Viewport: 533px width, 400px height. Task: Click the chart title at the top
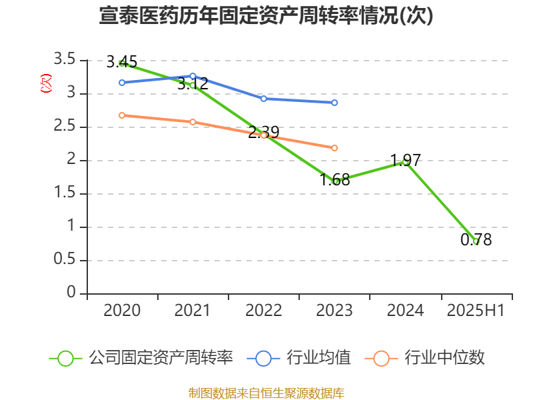click(x=266, y=16)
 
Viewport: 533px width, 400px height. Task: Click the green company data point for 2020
click(x=122, y=63)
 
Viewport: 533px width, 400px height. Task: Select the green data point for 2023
click(x=334, y=181)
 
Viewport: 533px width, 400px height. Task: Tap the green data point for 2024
click(x=405, y=161)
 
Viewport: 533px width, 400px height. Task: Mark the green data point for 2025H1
click(x=476, y=241)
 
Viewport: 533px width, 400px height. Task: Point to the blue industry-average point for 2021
click(x=193, y=76)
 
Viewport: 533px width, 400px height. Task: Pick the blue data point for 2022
click(x=264, y=99)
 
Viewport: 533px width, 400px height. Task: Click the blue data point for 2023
click(x=334, y=103)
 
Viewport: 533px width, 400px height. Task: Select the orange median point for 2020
click(x=122, y=115)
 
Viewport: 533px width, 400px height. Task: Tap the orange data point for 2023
click(x=334, y=148)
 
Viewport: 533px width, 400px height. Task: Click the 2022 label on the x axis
click(x=264, y=311)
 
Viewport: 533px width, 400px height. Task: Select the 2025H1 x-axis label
click(x=476, y=311)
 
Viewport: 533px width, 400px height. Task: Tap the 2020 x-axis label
click(x=122, y=311)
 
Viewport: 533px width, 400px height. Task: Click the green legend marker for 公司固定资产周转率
click(x=65, y=358)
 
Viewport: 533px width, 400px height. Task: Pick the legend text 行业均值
click(x=318, y=358)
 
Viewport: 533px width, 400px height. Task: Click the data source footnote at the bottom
click(x=266, y=393)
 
